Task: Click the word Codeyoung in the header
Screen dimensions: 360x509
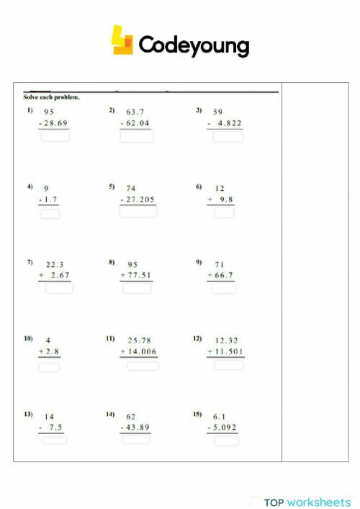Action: (x=194, y=45)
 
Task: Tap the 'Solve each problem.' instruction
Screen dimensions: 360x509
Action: (x=51, y=97)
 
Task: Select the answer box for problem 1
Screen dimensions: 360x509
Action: (x=55, y=135)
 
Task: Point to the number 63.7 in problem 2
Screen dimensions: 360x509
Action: (x=135, y=112)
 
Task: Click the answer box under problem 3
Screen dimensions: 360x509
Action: (x=228, y=137)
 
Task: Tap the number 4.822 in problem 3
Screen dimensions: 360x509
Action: (x=229, y=124)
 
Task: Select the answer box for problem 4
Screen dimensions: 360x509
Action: (x=50, y=213)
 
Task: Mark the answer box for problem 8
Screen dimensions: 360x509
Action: (x=137, y=288)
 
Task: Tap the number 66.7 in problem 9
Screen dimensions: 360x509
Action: (x=222, y=276)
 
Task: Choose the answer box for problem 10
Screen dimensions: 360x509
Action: (x=49, y=367)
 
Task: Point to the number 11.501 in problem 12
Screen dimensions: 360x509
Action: (x=229, y=351)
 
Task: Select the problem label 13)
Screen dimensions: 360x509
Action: (x=28, y=415)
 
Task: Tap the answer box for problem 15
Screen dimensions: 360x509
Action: (x=225, y=440)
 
